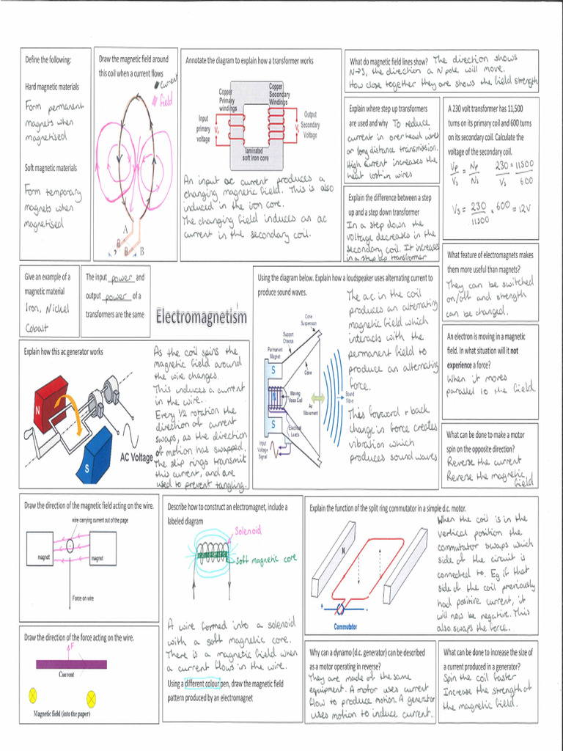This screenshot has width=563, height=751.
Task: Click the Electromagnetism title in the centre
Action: [x=201, y=318]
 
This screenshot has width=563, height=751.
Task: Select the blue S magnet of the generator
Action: [x=93, y=455]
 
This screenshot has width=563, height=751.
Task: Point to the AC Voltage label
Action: [x=136, y=457]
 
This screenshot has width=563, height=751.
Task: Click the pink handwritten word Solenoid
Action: [x=248, y=530]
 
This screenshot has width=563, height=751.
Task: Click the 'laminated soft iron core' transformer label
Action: [x=254, y=155]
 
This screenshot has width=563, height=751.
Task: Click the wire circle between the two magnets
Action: [x=70, y=546]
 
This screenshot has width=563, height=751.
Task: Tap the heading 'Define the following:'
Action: [x=48, y=59]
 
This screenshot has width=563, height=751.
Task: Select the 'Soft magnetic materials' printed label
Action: [x=51, y=168]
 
